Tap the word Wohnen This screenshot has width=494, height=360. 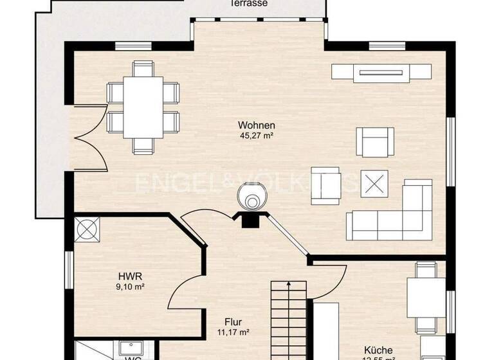click(257, 125)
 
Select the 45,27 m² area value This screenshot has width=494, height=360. click(257, 136)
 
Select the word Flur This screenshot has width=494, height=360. click(232, 322)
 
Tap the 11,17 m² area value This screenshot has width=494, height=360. click(232, 332)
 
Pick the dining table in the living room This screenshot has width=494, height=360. click(143, 107)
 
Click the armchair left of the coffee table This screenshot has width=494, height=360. click(325, 186)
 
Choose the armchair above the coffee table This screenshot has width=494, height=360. click(376, 142)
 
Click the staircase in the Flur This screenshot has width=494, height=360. click(288, 318)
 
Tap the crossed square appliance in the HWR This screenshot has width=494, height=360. click(87, 229)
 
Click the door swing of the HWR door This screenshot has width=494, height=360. click(187, 289)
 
